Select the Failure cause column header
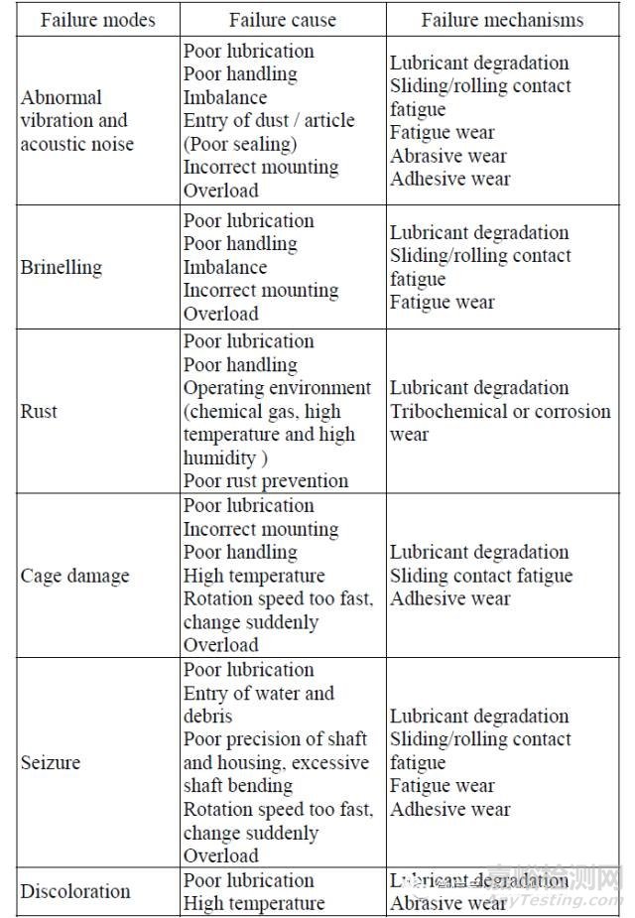pyautogui.click(x=283, y=20)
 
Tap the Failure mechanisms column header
pyautogui.click(x=502, y=20)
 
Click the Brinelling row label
pyautogui.click(x=61, y=267)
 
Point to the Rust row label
pyautogui.click(x=39, y=411)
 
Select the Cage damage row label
pyautogui.click(x=74, y=576)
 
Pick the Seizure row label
pyautogui.click(x=51, y=763)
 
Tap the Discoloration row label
pyautogui.click(x=75, y=891)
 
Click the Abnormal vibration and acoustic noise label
pyautogui.click(x=76, y=121)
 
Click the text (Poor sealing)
pyautogui.click(x=240, y=144)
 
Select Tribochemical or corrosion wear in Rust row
pyautogui.click(x=500, y=422)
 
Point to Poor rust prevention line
pyautogui.click(x=266, y=481)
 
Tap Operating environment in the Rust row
pyautogui.click(x=277, y=388)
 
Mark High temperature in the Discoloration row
pyautogui.click(x=254, y=903)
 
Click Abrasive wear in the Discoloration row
pyautogui.click(x=448, y=903)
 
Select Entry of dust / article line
pyautogui.click(x=269, y=120)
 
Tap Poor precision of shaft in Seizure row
pyautogui.click(x=275, y=739)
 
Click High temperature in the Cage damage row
pyautogui.click(x=254, y=576)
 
